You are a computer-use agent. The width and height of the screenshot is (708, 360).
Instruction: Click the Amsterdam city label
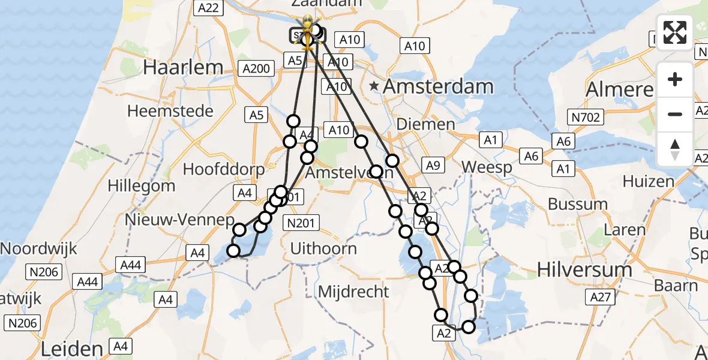[438, 86]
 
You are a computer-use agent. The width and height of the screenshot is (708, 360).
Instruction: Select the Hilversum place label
[584, 270]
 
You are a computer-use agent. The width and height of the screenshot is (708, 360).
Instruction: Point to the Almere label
[619, 89]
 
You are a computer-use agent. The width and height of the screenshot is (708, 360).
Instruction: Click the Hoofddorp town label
[223, 169]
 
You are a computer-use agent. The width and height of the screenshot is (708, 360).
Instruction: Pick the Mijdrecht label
[353, 292]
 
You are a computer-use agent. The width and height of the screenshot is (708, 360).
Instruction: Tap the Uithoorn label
[323, 248]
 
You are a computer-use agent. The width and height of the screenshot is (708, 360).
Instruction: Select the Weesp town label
[488, 167]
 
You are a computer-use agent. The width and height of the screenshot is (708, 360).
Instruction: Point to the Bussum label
[578, 204]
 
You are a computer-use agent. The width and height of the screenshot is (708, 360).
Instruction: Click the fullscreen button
[675, 32]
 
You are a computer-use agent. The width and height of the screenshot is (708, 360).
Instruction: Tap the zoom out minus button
[675, 114]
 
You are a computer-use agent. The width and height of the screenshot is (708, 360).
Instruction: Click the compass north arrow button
[675, 149]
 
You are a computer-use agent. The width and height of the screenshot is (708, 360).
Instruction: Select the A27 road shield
[599, 296]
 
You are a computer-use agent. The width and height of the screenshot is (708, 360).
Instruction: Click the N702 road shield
[586, 118]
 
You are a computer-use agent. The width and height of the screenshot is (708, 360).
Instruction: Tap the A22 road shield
[209, 8]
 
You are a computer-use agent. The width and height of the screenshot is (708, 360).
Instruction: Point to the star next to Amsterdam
[374, 86]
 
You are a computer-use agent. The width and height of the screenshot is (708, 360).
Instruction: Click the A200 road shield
[256, 68]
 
